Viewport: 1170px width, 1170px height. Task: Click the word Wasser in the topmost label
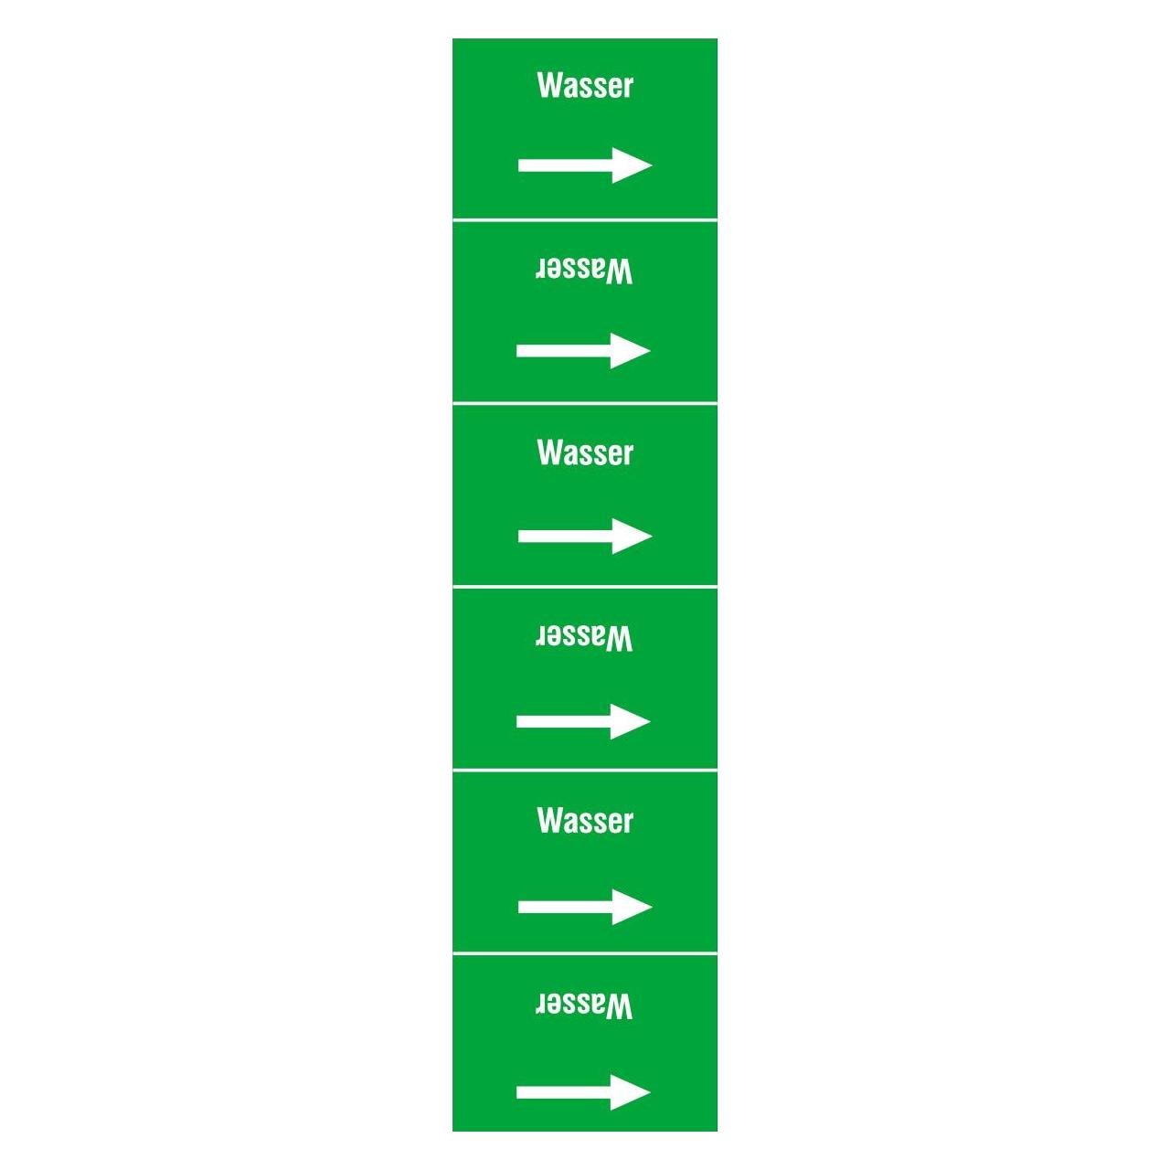(585, 86)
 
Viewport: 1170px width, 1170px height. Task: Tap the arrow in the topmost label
(585, 165)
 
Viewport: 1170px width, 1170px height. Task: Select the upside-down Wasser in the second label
(583, 271)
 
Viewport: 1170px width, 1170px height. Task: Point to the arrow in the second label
(583, 350)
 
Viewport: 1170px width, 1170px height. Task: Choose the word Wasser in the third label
(585, 453)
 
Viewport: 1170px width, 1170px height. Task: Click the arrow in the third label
(585, 537)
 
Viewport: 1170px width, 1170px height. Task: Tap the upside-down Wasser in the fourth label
(583, 638)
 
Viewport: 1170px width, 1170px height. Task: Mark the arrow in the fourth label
(583, 721)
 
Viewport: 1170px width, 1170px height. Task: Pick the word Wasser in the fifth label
(585, 821)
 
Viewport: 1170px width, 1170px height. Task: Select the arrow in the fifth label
(585, 907)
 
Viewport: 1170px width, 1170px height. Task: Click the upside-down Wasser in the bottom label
(583, 1005)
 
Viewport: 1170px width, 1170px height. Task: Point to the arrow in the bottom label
(583, 1092)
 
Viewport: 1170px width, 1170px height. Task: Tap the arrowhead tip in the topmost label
(652, 165)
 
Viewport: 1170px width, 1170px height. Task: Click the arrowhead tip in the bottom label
(650, 1092)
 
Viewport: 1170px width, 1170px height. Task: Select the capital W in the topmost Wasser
(548, 86)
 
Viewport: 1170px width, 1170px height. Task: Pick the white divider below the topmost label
(585, 219)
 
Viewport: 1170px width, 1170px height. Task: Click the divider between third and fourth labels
(585, 587)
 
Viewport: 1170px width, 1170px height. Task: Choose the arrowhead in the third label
(632, 537)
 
